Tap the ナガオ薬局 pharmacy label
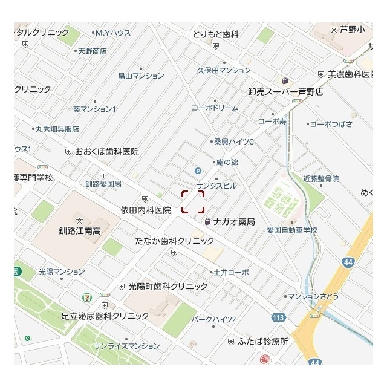tap(233, 222)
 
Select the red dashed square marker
tap(193, 202)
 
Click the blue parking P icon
tap(198, 171)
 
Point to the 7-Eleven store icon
tap(88, 298)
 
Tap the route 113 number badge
tap(279, 317)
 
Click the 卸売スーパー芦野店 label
tap(285, 92)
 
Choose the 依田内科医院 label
tap(146, 210)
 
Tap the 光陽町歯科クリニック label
tap(164, 286)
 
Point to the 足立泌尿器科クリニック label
tap(105, 316)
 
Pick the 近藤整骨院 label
tap(320, 178)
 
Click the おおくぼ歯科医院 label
tap(106, 151)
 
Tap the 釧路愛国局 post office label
tap(103, 183)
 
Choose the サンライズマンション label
tap(127, 346)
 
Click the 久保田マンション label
tap(224, 70)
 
